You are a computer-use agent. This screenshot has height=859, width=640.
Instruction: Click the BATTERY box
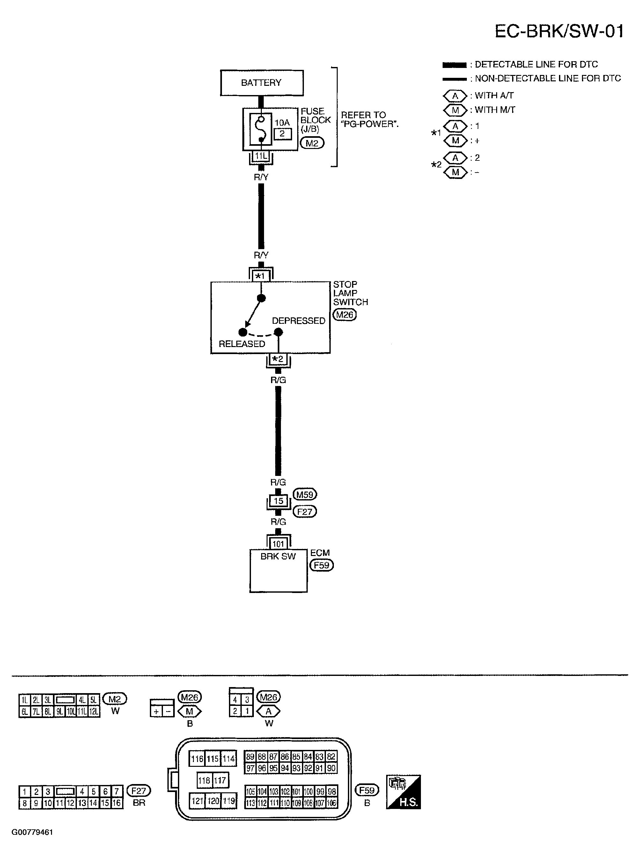262,83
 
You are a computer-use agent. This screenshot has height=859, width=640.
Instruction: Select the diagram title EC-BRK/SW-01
559,31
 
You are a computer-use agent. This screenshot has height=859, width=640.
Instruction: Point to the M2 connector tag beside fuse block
312,143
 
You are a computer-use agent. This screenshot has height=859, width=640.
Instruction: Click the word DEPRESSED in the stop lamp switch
298,321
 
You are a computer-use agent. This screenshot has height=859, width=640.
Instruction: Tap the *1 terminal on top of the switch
260,276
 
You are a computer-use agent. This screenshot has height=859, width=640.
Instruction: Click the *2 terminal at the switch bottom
278,359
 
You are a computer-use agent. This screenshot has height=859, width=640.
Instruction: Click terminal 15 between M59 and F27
278,501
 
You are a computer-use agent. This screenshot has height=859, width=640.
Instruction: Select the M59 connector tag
305,494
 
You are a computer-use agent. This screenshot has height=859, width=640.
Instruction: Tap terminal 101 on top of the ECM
278,544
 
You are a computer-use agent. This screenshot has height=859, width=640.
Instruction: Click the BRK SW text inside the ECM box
278,556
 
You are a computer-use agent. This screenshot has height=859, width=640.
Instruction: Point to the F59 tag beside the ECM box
321,565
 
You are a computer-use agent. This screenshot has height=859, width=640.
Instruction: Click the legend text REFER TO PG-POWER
369,119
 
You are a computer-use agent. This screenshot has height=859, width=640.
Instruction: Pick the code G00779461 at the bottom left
32,832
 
